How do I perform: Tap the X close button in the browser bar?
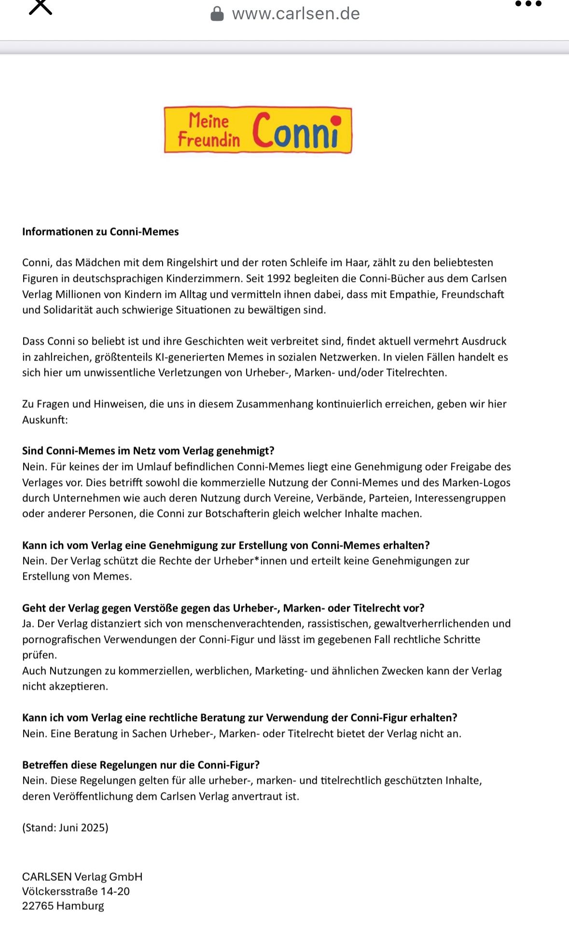tap(41, 7)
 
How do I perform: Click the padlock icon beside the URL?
tap(217, 14)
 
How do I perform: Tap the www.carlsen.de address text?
tap(296, 14)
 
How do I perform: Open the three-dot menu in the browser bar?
tap(528, 4)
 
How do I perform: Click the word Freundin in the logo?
tap(208, 139)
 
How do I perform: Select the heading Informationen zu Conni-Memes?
tap(100, 232)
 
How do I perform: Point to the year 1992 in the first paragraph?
tap(279, 278)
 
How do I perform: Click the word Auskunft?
tap(45, 419)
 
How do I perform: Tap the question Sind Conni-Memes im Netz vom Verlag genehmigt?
tap(148, 451)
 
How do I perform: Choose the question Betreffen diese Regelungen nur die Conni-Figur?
tap(141, 765)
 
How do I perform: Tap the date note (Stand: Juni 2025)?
tap(65, 828)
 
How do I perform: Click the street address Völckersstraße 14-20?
tap(76, 891)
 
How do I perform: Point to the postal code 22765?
tap(38, 906)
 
